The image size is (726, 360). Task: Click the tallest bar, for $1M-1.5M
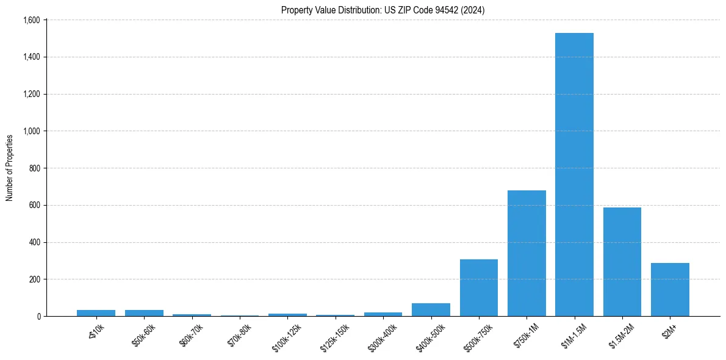(574, 175)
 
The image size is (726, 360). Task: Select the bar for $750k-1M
(527, 253)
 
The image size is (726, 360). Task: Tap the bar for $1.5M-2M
(622, 262)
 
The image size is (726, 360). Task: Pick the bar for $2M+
(670, 289)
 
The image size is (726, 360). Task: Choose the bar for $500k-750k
(479, 287)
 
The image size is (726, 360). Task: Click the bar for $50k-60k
(144, 313)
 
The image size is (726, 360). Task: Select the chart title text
(383, 10)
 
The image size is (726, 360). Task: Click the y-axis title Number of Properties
(10, 168)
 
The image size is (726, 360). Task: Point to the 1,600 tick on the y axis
(31, 20)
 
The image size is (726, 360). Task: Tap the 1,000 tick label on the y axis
(31, 131)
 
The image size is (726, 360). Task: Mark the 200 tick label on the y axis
(34, 279)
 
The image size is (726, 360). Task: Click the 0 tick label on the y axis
(38, 317)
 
